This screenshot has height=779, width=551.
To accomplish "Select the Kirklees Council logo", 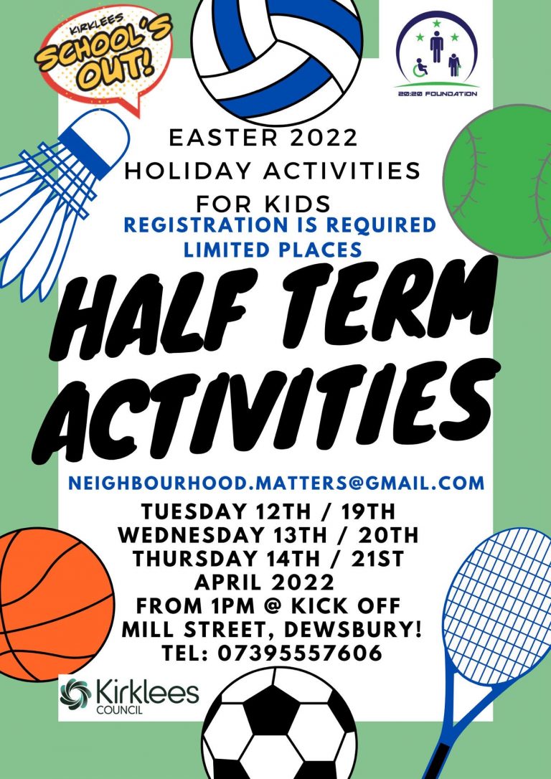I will (x=129, y=696).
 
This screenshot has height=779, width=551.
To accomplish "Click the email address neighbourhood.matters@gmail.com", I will (x=276, y=482).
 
